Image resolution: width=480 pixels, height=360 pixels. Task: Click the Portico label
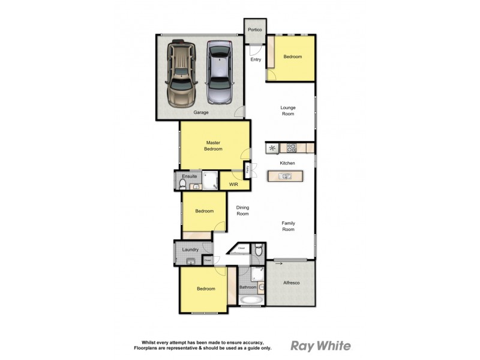pyautogui.click(x=254, y=29)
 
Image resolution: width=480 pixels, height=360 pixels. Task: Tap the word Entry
pyautogui.click(x=256, y=59)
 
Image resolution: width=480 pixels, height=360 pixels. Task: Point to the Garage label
pyautogui.click(x=200, y=112)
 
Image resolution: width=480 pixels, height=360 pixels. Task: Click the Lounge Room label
pyautogui.click(x=289, y=110)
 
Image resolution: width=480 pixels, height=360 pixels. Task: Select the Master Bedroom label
pyautogui.click(x=213, y=145)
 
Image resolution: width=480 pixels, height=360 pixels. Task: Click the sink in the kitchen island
pyautogui.click(x=286, y=176)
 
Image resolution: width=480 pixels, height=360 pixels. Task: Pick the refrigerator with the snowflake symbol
pyautogui.click(x=272, y=147)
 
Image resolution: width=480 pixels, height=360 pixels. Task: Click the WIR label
pyautogui.click(x=233, y=184)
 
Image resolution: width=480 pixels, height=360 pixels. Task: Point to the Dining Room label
pyautogui.click(x=242, y=211)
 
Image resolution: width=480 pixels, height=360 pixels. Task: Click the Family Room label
pyautogui.click(x=289, y=226)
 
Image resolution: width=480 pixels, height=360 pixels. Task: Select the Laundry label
pyautogui.click(x=190, y=249)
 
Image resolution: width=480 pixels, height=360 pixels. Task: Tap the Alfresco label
pyautogui.click(x=291, y=283)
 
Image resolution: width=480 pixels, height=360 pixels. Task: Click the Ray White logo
pyautogui.click(x=320, y=345)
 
